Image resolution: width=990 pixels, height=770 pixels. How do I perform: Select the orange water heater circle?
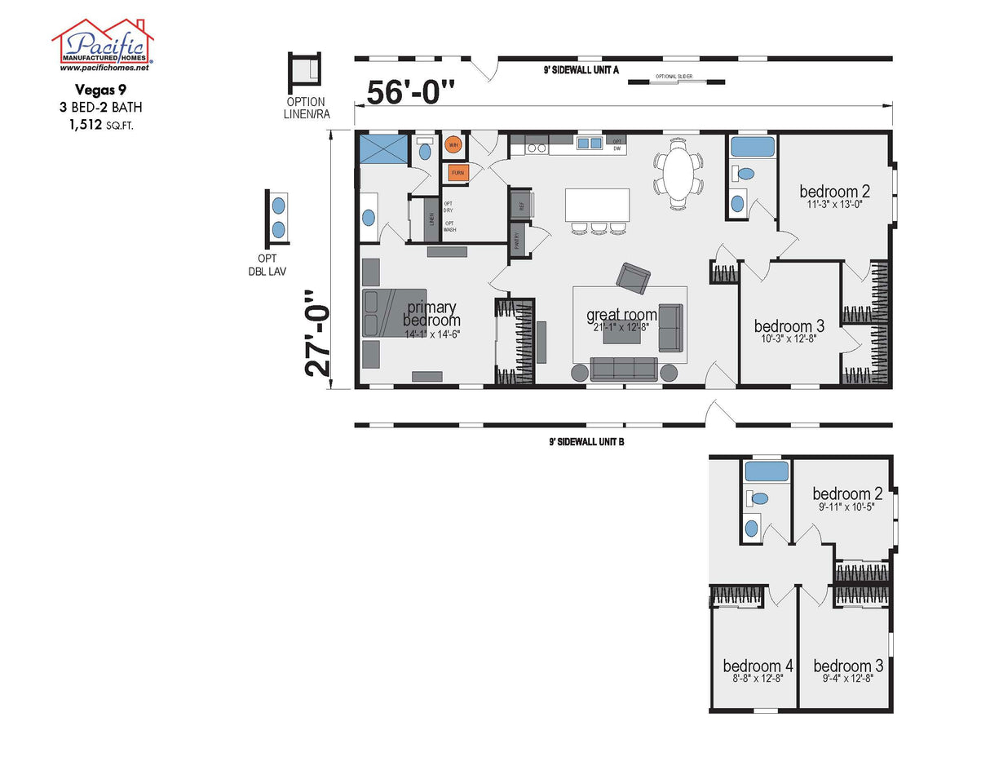pyautogui.click(x=453, y=146)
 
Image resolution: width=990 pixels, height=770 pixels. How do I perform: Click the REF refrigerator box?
pyautogui.click(x=519, y=205)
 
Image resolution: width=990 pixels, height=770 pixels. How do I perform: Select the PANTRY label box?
pyautogui.click(x=517, y=241)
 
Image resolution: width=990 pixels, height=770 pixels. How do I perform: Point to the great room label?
pyautogui.click(x=621, y=315)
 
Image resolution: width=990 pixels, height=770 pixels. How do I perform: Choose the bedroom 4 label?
pyautogui.click(x=758, y=666)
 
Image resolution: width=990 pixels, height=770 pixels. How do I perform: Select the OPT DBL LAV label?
pyautogui.click(x=267, y=264)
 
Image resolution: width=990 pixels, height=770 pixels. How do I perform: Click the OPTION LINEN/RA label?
pyautogui.click(x=305, y=108)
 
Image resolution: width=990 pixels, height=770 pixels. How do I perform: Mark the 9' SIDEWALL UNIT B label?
pyautogui.click(x=586, y=441)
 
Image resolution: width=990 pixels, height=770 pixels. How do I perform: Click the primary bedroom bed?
pyautogui.click(x=395, y=313)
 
